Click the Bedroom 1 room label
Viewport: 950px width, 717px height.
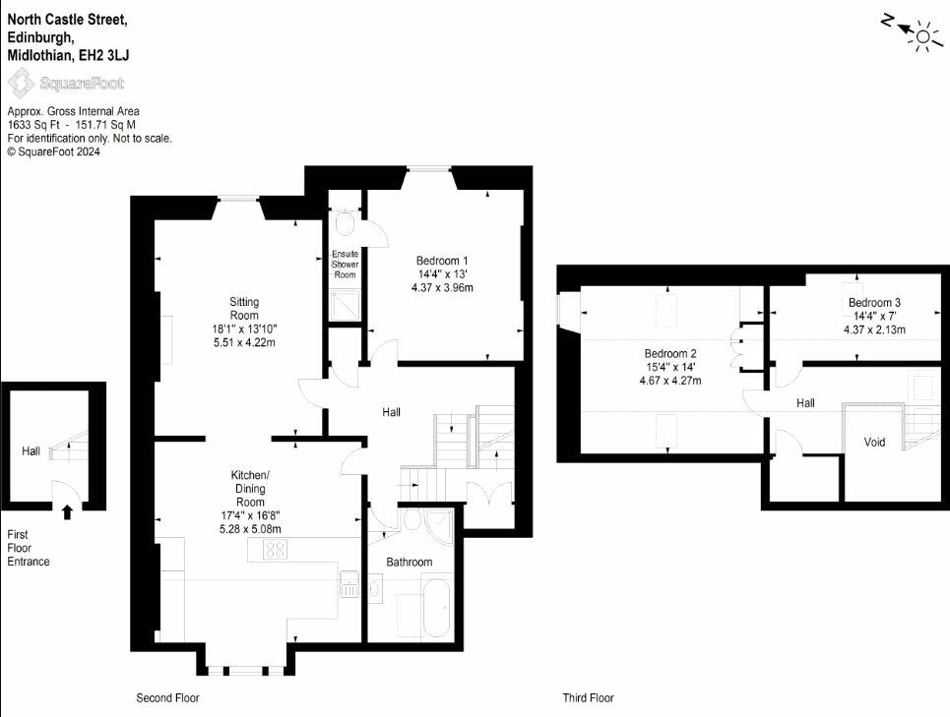click(x=442, y=261)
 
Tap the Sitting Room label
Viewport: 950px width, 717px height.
click(x=244, y=309)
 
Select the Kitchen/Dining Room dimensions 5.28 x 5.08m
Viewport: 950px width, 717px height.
click(x=250, y=529)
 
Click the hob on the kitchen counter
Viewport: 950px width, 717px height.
click(x=276, y=550)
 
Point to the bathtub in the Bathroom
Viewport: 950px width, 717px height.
click(x=437, y=608)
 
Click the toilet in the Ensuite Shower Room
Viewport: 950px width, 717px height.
click(x=346, y=221)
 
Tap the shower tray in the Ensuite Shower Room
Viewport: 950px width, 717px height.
click(x=346, y=305)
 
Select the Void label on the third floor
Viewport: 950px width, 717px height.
click(x=874, y=443)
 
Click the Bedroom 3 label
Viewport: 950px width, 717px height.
click(x=874, y=303)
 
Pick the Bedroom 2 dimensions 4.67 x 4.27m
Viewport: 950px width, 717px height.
click(x=670, y=381)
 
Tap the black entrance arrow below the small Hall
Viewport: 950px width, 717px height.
click(x=67, y=512)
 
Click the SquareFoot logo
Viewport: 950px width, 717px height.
click(x=66, y=83)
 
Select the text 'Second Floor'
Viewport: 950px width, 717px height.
click(x=167, y=698)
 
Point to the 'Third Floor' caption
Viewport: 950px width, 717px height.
click(x=589, y=698)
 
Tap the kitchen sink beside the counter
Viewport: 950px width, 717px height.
click(x=349, y=584)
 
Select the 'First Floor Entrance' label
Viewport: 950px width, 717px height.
click(x=29, y=548)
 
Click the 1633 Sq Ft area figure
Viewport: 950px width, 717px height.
click(x=33, y=125)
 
